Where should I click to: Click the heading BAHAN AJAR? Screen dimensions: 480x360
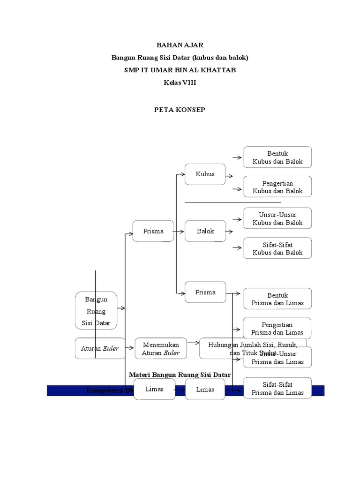180,45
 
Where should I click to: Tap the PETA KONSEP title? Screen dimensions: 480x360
180,110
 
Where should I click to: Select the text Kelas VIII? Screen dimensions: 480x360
180,83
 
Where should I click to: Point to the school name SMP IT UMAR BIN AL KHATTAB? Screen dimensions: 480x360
180,70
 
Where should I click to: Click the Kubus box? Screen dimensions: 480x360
205,174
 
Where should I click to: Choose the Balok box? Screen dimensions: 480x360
205,231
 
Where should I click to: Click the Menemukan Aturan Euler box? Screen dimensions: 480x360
161,349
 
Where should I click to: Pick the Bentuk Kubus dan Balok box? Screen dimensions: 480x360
277,157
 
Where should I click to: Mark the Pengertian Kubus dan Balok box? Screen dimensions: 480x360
277,187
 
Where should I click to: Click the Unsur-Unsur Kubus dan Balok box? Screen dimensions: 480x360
277,219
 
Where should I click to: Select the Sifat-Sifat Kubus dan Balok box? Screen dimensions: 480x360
277,248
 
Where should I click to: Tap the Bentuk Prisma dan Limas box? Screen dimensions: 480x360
277,299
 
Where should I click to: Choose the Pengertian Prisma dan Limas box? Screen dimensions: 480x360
277,329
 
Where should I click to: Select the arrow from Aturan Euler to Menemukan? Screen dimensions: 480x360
130,349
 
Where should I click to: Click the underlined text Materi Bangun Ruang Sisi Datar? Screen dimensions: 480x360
180,375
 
